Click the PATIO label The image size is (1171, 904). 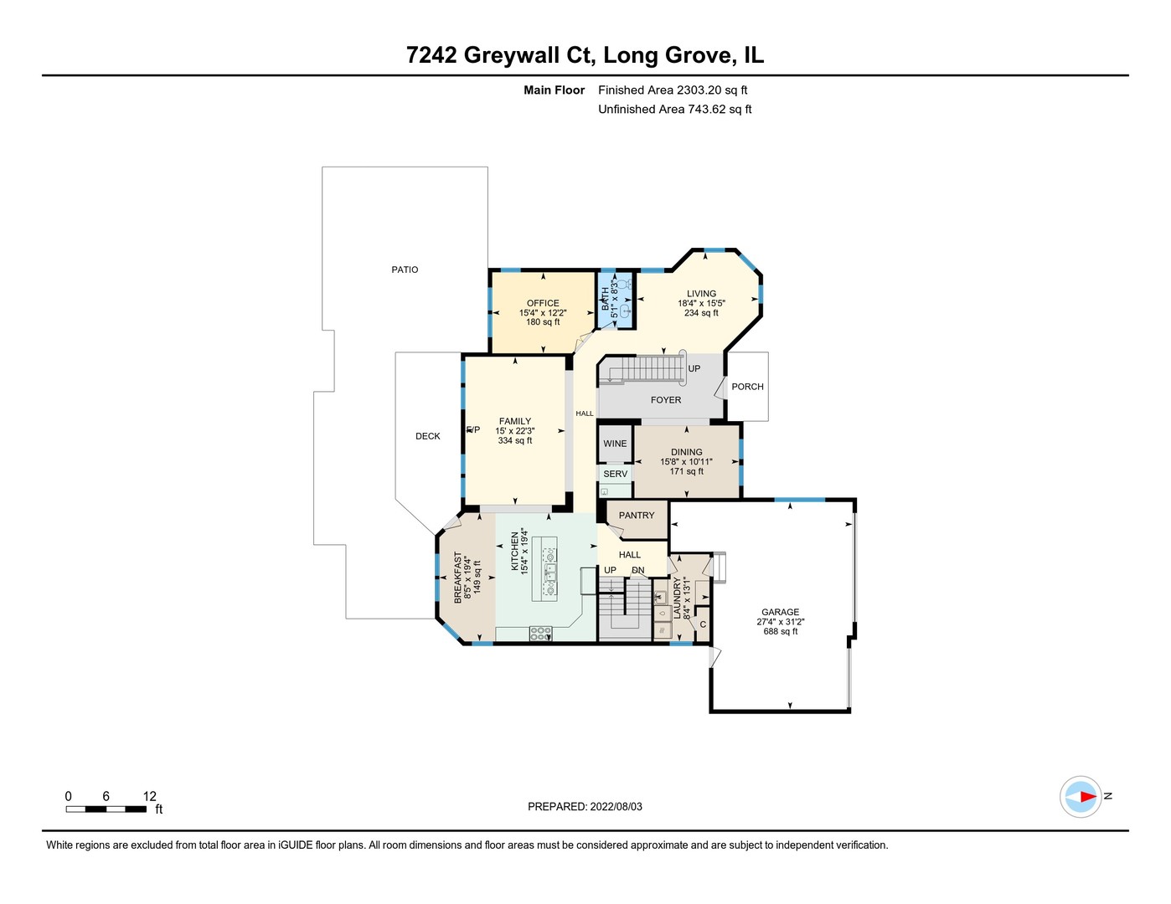tap(405, 270)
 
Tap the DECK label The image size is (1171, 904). tap(428, 436)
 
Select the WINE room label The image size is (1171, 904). tap(615, 444)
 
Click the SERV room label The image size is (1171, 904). tap(615, 474)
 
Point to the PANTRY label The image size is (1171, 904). tap(637, 516)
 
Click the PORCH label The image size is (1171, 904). tap(747, 387)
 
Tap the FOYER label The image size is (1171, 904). tap(666, 400)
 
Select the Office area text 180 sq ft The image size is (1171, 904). tap(543, 322)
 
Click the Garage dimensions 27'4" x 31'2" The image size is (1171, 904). tap(780, 622)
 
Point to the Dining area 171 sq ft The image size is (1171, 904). tap(686, 471)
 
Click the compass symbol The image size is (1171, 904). tap(1081, 797)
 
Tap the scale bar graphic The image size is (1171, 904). tap(107, 809)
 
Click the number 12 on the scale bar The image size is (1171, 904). tap(150, 796)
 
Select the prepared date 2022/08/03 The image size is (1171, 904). tap(616, 807)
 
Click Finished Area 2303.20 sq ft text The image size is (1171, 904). tap(673, 90)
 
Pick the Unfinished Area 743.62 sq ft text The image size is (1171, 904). tap(674, 110)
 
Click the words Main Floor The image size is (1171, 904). tap(554, 90)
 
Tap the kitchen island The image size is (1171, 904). tap(544, 568)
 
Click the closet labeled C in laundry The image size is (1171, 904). tap(703, 624)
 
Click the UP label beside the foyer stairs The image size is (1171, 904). tap(694, 368)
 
